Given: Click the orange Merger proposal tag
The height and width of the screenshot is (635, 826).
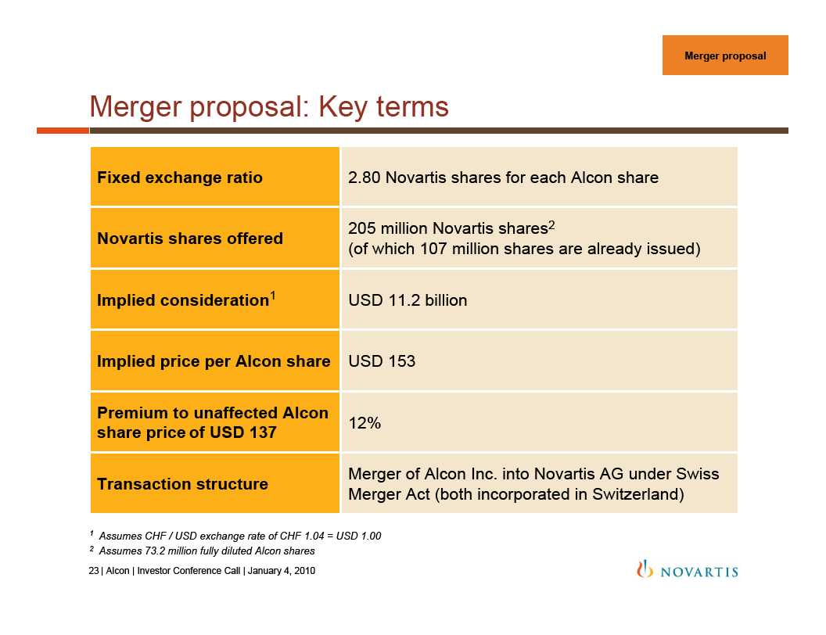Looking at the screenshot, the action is [725, 56].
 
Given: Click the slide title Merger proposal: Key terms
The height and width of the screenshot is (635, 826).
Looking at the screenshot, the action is [269, 107].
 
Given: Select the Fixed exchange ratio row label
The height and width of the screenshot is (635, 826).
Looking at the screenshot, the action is [180, 178].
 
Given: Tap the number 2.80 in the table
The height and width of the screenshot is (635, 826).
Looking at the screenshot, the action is [364, 178].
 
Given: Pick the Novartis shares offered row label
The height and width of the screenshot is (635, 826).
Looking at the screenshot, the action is [190, 239].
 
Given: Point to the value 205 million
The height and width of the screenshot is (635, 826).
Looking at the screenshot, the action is [388, 228].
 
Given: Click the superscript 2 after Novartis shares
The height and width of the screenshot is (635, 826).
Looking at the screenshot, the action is [551, 224].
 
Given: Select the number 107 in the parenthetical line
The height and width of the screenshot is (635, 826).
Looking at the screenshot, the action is [433, 249].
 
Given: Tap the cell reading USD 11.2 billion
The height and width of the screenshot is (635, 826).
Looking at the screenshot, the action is [408, 300].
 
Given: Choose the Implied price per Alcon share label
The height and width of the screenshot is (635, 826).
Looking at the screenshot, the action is [214, 361].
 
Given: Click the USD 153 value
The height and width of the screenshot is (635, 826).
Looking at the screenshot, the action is [382, 361].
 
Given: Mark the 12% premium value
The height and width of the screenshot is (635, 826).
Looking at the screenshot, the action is [365, 423].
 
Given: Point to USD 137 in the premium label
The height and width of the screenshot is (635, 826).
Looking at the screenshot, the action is [242, 432].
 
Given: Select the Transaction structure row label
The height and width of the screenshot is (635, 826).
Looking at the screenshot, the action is [183, 484].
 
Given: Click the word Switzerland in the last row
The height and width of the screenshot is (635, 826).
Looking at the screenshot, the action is [635, 494].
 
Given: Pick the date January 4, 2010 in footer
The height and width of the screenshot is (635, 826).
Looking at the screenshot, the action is [282, 571].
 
